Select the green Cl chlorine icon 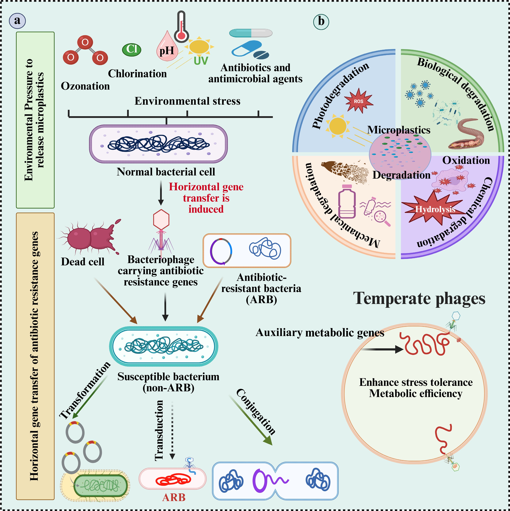[132, 50]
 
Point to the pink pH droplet [167, 48]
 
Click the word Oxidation [466, 161]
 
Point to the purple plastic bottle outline [347, 202]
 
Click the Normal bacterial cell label [166, 172]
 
